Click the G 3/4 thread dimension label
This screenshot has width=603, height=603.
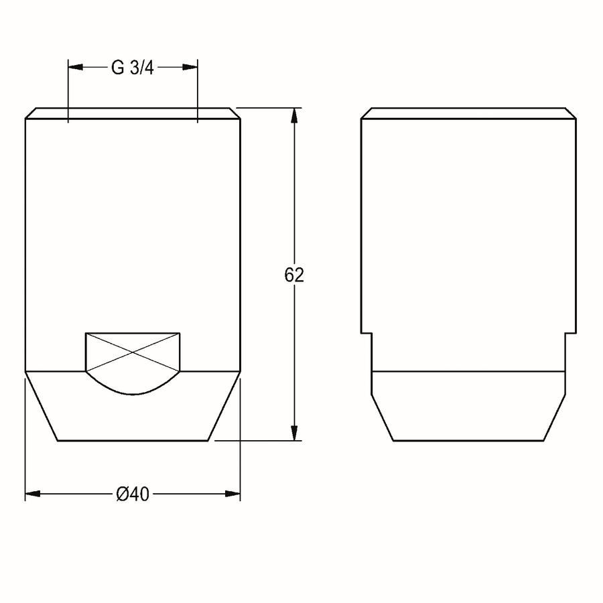[132, 68]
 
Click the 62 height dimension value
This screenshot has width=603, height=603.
[294, 275]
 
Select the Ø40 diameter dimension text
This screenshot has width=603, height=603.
[133, 494]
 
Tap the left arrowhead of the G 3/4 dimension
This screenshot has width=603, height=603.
[75, 67]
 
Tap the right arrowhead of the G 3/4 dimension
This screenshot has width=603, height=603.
[190, 67]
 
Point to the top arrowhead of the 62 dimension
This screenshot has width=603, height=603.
[294, 115]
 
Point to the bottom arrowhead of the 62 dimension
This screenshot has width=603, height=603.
[294, 433]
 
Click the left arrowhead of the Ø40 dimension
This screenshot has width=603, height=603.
[33, 494]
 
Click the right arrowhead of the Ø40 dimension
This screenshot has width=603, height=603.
[232, 494]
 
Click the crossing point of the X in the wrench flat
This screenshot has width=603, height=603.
[133, 352]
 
